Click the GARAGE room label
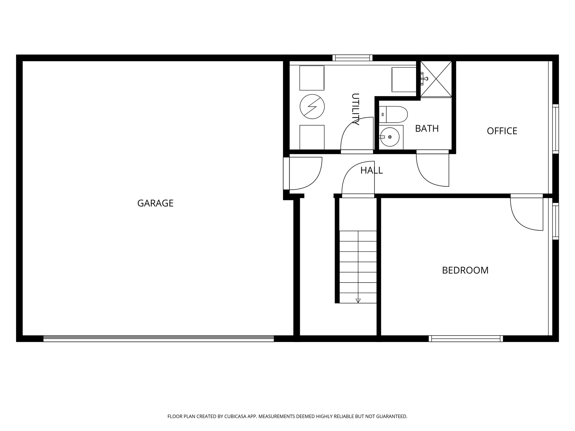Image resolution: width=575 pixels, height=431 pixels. click(x=155, y=203)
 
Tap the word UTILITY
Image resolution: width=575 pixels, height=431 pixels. click(x=355, y=109)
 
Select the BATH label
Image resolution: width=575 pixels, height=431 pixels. click(x=427, y=129)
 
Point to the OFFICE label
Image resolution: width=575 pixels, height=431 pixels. click(x=502, y=131)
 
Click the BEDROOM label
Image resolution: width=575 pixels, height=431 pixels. click(x=465, y=270)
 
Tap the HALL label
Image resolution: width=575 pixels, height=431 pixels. click(x=371, y=170)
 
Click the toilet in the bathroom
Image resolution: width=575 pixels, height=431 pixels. click(x=393, y=114)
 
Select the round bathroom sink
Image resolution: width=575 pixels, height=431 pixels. click(x=390, y=137)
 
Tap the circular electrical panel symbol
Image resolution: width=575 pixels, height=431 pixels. click(x=312, y=107)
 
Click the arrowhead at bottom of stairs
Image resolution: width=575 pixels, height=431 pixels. click(x=358, y=301)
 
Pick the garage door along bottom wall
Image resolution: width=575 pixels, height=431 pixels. click(x=159, y=339)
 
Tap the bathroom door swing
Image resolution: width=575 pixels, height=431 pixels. click(x=432, y=170)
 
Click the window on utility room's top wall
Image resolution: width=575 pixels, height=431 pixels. click(x=352, y=58)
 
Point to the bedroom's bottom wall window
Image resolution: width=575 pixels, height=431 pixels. click(x=466, y=339)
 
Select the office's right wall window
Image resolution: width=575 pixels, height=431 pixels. click(x=555, y=129)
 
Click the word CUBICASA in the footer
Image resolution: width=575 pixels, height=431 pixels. click(x=235, y=416)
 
